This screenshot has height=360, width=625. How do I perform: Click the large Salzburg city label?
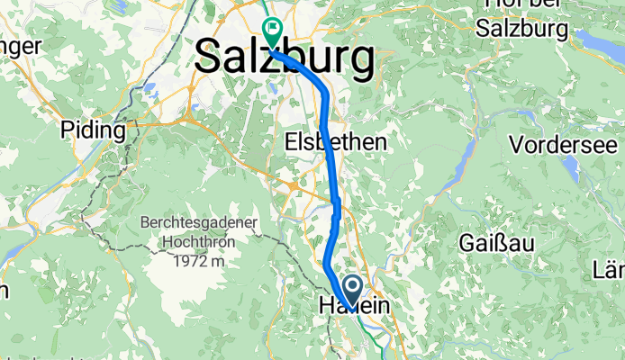[285, 58]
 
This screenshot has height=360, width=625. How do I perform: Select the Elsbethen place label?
[335, 142]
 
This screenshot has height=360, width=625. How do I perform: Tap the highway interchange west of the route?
[294, 185]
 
